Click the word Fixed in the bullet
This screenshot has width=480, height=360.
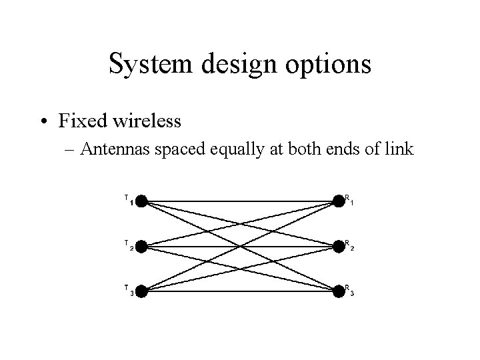click(79, 121)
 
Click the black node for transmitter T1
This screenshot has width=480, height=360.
click(141, 201)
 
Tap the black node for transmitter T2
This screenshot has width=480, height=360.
click(141, 246)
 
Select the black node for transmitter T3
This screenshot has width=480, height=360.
click(141, 291)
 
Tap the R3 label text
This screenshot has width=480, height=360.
click(349, 290)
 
